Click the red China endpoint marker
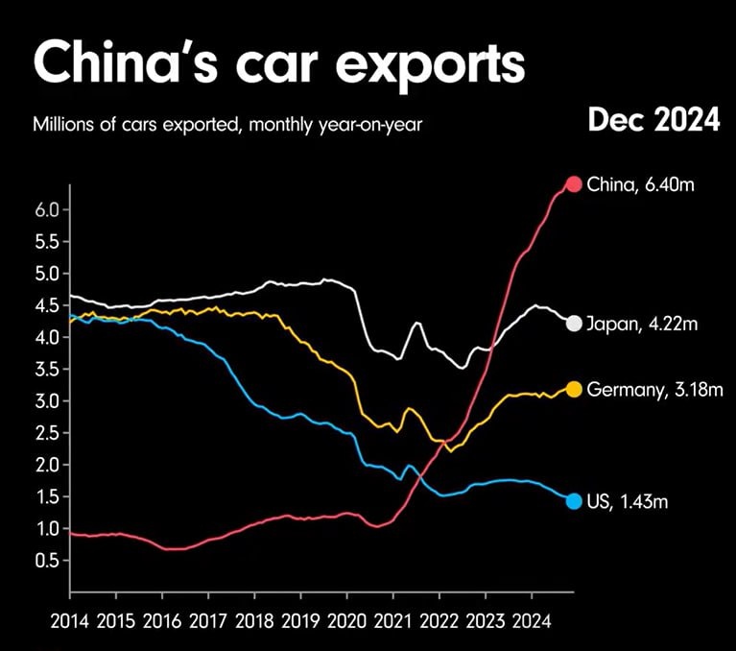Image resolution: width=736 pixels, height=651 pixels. click(x=574, y=184)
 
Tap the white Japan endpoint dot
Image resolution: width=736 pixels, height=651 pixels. click(x=574, y=324)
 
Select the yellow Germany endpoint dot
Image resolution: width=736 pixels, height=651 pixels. click(x=574, y=389)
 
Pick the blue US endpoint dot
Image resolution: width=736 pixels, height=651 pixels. click(x=574, y=500)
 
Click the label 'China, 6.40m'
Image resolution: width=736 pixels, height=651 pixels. click(x=642, y=184)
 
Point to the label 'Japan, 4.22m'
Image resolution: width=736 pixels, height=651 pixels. click(x=644, y=324)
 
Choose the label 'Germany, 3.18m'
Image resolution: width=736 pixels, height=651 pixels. click(x=653, y=389)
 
